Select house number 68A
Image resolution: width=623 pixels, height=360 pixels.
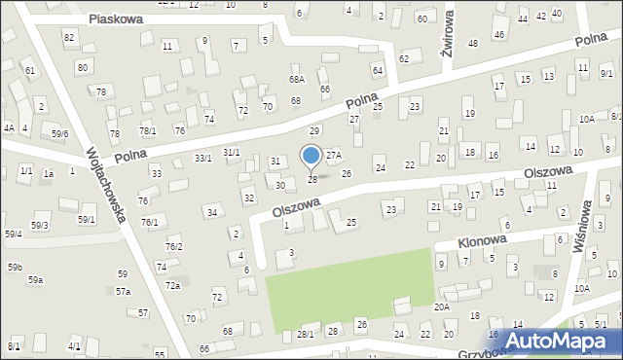(296, 80)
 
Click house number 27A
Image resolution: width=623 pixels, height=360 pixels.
(334, 155)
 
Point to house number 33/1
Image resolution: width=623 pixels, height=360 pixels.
(202, 158)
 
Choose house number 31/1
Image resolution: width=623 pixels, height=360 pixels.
(231, 152)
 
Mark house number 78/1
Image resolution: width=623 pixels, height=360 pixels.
(147, 131)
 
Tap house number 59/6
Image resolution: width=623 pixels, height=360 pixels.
(60, 133)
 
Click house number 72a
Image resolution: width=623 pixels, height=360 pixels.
(172, 285)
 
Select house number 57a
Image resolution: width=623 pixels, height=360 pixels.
(123, 291)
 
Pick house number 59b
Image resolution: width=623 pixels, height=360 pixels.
(16, 267)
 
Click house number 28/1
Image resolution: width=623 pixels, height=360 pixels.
(306, 334)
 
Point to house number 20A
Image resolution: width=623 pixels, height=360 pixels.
(441, 306)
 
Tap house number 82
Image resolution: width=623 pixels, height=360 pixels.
(68, 36)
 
